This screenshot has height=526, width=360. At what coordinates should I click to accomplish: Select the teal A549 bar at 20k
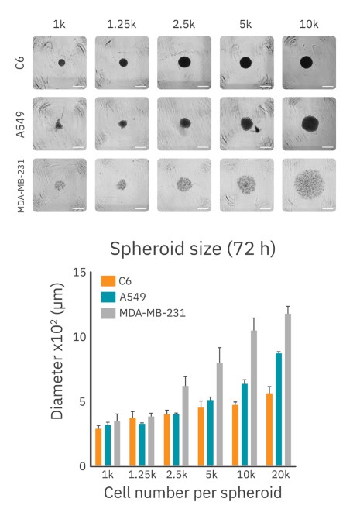[x=278, y=409]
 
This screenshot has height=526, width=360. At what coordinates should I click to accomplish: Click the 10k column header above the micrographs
[x=308, y=25]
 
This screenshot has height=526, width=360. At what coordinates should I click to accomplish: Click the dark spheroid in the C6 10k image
[x=306, y=62]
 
